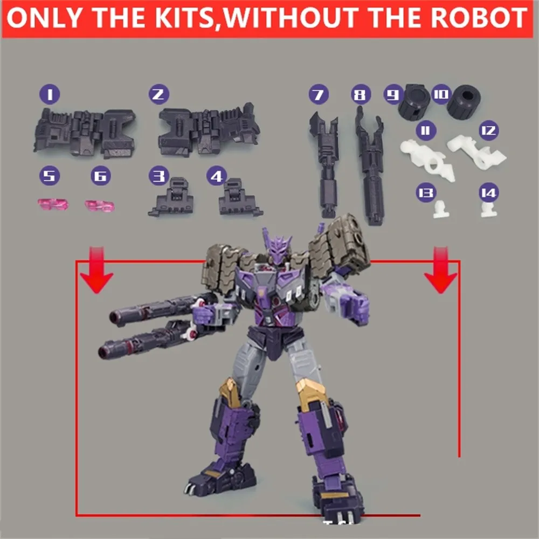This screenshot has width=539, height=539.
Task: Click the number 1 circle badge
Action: (50, 95)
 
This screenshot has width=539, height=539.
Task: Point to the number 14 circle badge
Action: (489, 192)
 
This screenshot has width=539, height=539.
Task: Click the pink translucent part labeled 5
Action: (52, 204)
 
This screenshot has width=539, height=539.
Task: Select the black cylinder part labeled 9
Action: (414, 101)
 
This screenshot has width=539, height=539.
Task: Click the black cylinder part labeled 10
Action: (467, 99)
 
